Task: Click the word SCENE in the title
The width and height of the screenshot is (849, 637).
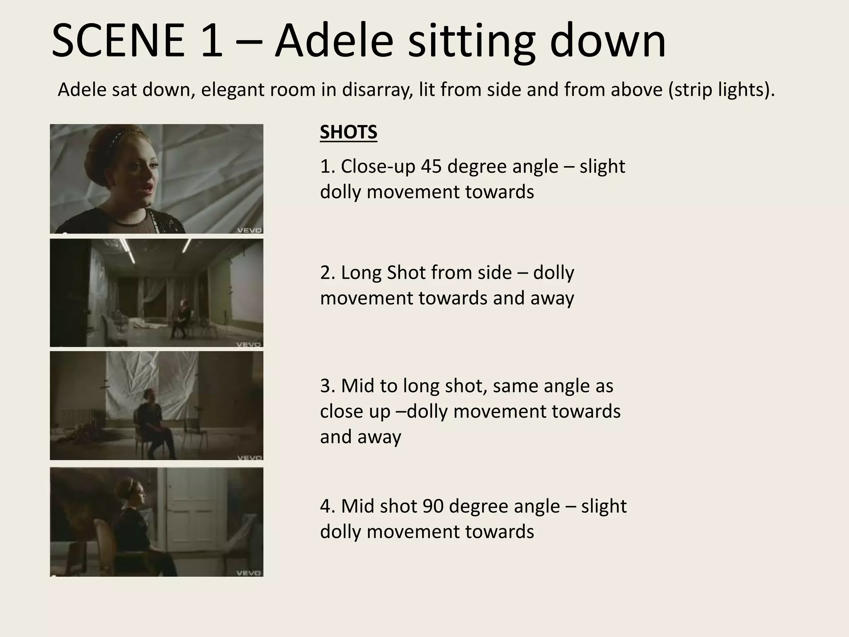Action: click(118, 41)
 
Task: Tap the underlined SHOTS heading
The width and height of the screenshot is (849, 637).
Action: click(348, 132)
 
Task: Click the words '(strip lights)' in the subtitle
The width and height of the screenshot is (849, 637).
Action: click(721, 90)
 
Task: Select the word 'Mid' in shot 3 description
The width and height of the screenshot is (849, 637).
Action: click(357, 386)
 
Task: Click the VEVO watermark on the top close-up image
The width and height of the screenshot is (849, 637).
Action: click(249, 230)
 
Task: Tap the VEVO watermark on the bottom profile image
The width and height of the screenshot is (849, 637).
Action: click(249, 573)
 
